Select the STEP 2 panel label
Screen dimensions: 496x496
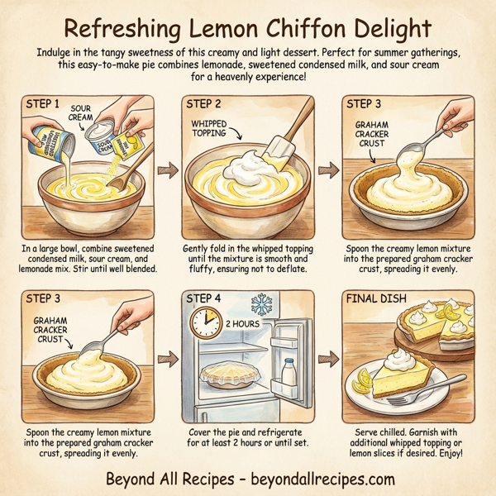(204, 105)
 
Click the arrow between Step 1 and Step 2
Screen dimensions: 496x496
(168, 171)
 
